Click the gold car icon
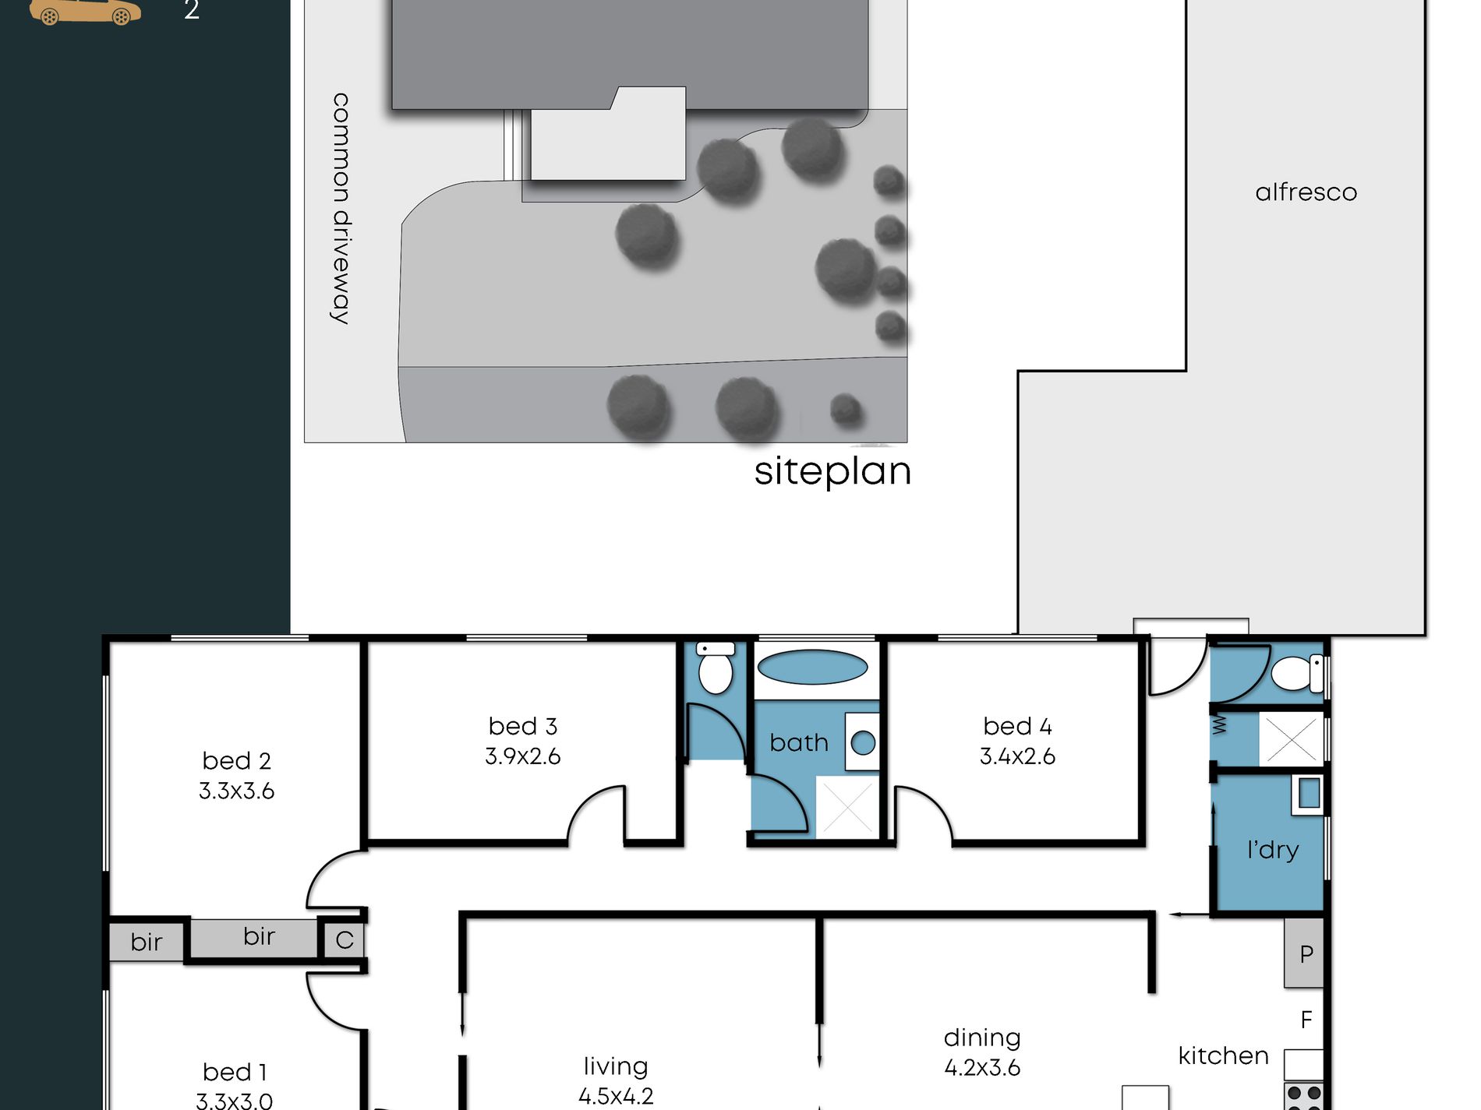pos(86,12)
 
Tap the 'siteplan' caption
pos(832,472)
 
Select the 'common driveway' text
pos(341,208)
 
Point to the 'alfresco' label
pos(1306,192)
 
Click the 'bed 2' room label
pos(236,760)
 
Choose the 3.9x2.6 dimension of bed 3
pos(522,756)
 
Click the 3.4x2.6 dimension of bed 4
pos(1017,756)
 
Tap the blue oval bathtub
pos(812,668)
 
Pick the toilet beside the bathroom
pos(716,668)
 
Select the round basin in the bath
pos(863,742)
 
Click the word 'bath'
pos(799,743)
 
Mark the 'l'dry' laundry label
pos(1273,849)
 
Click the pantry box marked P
pos(1304,953)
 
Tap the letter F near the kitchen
pos(1306,1020)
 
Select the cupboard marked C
pos(344,940)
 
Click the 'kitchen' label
pos(1223,1056)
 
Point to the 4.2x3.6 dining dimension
pos(982,1068)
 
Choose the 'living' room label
pos(616,1067)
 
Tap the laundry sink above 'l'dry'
pos(1309,794)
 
